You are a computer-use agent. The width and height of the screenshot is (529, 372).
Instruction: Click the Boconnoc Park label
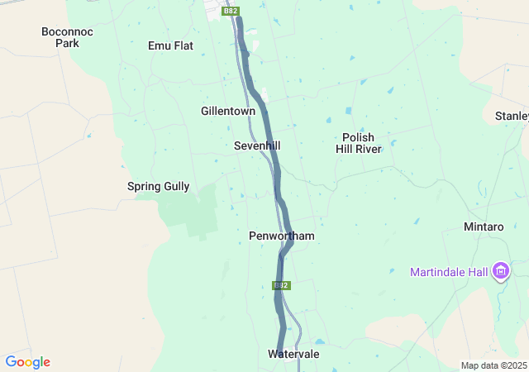point(67,37)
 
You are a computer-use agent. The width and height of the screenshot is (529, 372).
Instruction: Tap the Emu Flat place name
point(170,45)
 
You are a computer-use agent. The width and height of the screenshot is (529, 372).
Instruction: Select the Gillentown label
point(228,111)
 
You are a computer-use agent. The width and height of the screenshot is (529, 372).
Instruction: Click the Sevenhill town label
point(257,145)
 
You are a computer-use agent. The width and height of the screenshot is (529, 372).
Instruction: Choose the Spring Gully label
point(158,187)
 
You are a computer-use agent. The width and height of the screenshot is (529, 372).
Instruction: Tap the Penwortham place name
point(282,236)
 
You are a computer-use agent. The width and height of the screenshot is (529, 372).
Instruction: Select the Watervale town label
point(293,354)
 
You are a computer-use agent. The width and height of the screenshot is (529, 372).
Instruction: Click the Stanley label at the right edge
point(512,116)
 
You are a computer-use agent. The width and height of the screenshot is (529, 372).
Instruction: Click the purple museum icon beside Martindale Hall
point(500,270)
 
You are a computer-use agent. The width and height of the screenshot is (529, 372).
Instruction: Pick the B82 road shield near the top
point(231,11)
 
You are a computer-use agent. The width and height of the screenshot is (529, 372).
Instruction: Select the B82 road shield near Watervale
point(281,285)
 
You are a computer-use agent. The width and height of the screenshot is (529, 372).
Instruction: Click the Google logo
point(27,362)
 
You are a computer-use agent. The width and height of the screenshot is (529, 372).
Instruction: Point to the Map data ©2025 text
point(493,365)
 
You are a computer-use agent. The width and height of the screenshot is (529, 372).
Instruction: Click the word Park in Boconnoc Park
point(67,43)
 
